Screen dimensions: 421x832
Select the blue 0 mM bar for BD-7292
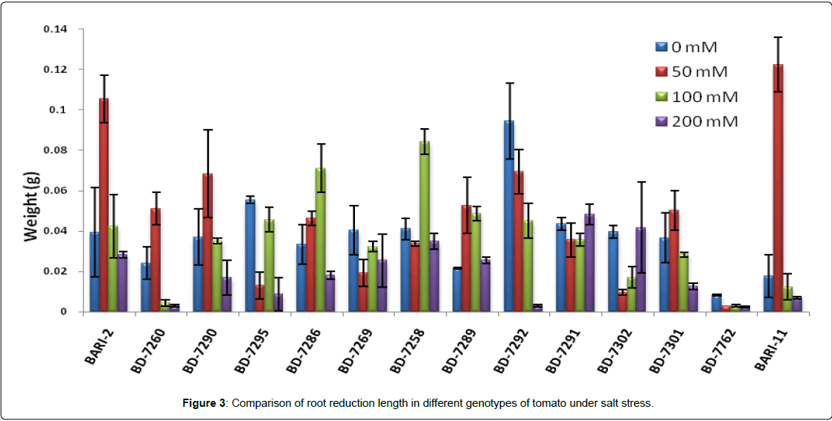[509, 216]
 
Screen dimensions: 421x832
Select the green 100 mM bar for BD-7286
[321, 239]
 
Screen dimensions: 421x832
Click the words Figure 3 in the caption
[205, 403]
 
